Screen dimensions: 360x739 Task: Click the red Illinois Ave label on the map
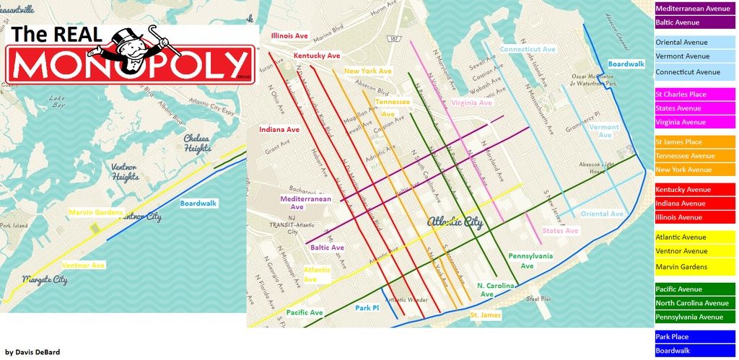point(289,35)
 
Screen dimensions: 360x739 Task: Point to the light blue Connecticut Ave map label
point(528,49)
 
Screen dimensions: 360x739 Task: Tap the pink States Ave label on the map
point(561,231)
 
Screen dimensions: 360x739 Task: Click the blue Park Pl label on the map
point(367,308)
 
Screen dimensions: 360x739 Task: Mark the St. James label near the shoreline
point(485,315)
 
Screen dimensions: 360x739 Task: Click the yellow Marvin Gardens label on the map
point(96,212)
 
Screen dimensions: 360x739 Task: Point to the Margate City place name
point(44,279)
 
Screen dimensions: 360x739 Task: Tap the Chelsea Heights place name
point(197,143)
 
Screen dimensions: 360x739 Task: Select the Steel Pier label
point(538,298)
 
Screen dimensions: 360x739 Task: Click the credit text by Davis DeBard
point(32,352)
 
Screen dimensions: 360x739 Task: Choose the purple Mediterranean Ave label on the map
point(306,203)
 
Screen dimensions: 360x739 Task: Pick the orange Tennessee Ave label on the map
point(393,107)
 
